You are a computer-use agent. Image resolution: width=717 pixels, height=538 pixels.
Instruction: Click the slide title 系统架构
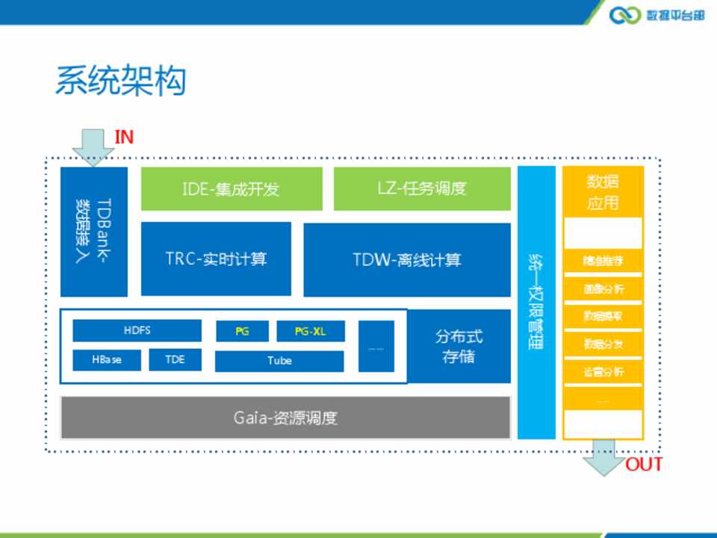(x=120, y=81)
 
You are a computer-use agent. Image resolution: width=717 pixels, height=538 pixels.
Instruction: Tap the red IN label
(x=124, y=137)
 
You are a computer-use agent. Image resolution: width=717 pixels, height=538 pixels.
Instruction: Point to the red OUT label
(x=643, y=465)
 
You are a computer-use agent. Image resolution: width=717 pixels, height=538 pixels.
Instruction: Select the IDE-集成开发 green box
(x=232, y=188)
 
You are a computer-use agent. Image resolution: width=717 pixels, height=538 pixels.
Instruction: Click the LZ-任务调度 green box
(x=422, y=188)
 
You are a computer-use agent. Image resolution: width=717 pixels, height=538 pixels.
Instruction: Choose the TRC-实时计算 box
(x=216, y=259)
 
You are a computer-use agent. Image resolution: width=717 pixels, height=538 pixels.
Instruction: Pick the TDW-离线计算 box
(x=407, y=259)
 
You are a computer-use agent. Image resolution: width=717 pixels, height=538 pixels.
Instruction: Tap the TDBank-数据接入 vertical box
(x=94, y=232)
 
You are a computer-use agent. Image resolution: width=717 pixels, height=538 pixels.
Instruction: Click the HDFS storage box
(x=137, y=330)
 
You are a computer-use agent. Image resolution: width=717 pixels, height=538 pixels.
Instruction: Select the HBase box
(x=107, y=359)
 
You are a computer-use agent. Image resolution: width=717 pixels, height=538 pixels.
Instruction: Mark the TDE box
(x=175, y=359)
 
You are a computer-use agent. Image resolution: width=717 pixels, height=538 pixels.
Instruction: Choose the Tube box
(x=279, y=361)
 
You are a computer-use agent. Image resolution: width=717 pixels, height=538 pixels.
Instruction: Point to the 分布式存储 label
(x=459, y=346)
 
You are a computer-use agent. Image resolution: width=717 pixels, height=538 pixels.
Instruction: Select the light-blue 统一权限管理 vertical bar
(x=536, y=302)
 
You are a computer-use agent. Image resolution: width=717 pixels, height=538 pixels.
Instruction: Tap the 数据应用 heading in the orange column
(x=603, y=192)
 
